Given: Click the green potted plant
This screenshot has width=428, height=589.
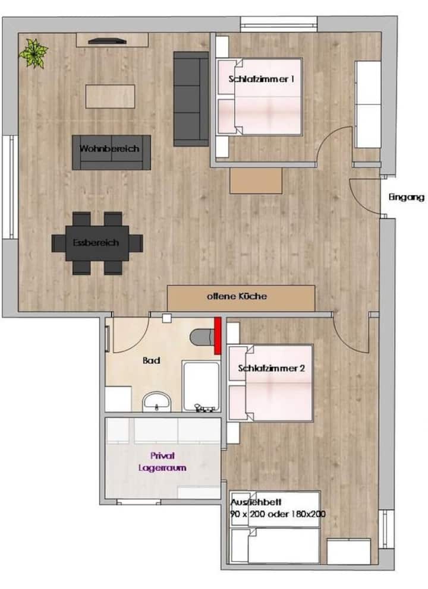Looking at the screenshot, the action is [34, 53].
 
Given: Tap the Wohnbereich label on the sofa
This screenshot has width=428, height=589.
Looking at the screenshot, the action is [109, 148].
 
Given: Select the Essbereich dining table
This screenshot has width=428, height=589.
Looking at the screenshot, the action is [97, 243].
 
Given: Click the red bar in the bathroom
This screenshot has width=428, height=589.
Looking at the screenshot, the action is [218, 335].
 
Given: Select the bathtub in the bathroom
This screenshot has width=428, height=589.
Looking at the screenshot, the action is [201, 386].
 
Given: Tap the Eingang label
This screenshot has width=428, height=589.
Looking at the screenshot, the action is [406, 197].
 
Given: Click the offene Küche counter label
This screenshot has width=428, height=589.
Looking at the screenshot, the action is [237, 296].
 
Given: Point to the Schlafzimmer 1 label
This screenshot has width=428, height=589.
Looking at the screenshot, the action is [262, 79].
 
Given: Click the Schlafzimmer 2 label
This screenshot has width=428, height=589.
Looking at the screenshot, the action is [271, 368].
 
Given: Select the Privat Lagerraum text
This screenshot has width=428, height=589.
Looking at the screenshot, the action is [162, 462].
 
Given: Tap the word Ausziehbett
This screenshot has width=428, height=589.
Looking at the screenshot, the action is [256, 502].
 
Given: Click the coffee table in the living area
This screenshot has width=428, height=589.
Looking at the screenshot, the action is [110, 97].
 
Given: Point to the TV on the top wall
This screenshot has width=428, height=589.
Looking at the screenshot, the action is [107, 41].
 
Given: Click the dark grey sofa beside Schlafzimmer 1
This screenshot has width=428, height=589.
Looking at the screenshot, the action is [191, 99].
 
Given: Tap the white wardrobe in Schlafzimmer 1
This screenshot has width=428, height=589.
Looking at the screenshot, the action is [368, 104].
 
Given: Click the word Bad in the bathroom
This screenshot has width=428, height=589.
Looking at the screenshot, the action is [152, 360].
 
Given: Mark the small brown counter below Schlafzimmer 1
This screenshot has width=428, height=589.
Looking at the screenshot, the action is [256, 181].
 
